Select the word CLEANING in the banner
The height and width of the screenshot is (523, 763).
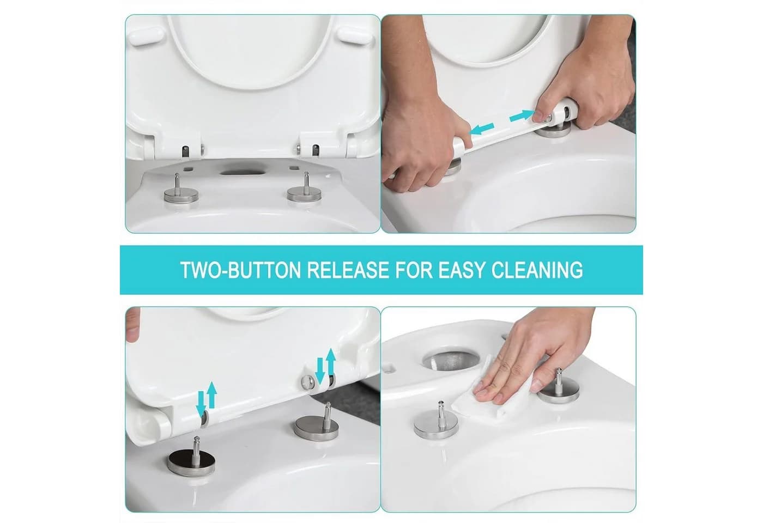[x=536, y=270]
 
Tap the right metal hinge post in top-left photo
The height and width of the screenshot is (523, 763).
[x=304, y=190]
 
